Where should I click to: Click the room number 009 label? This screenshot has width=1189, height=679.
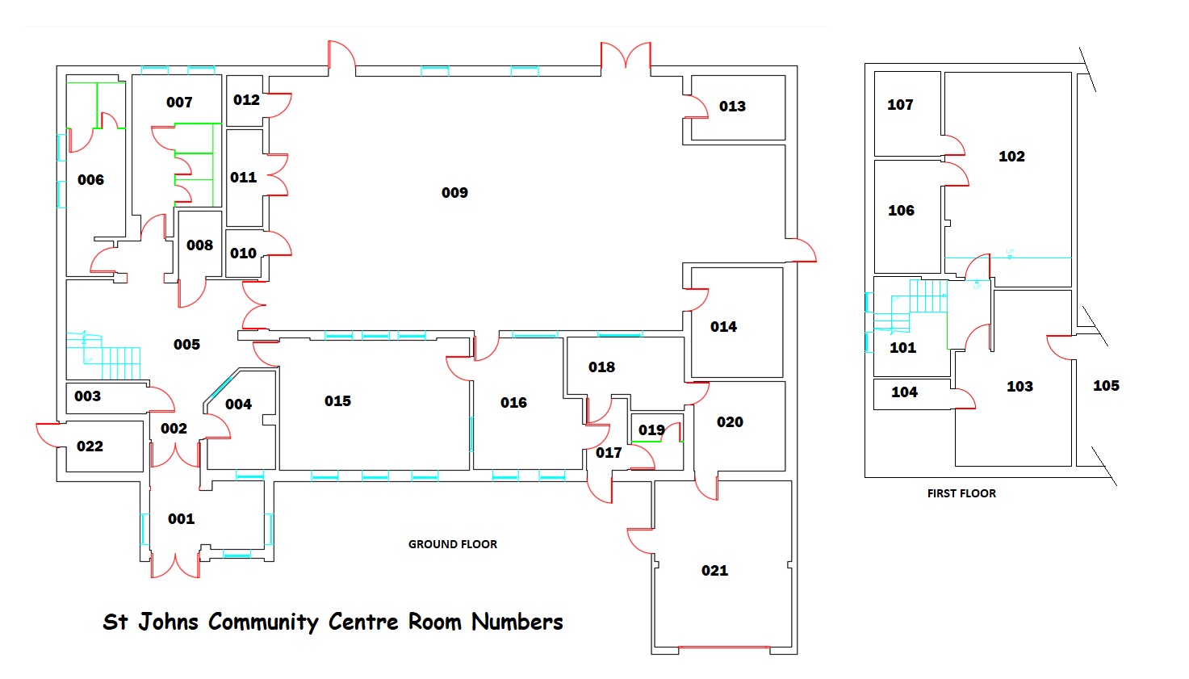[x=454, y=193]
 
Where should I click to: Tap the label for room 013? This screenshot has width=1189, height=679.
[x=732, y=107]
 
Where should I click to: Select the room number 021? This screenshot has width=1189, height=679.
[x=714, y=571]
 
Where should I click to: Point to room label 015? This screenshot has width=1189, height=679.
[x=337, y=400]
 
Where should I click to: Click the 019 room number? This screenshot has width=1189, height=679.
[x=651, y=430]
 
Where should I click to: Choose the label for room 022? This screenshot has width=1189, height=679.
[x=90, y=446]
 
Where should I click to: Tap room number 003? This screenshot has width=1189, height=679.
[x=88, y=396]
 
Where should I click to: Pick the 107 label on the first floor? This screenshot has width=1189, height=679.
[x=900, y=105]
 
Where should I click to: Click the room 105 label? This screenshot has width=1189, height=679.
[x=1106, y=385]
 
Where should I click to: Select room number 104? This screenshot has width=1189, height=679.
[x=905, y=392]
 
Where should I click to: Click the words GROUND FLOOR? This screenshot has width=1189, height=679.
[x=453, y=544]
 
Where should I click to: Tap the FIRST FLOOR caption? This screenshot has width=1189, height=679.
[x=961, y=493]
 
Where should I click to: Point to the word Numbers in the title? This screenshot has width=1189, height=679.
[x=517, y=622]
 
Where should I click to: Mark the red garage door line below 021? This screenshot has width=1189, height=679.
[x=723, y=648]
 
